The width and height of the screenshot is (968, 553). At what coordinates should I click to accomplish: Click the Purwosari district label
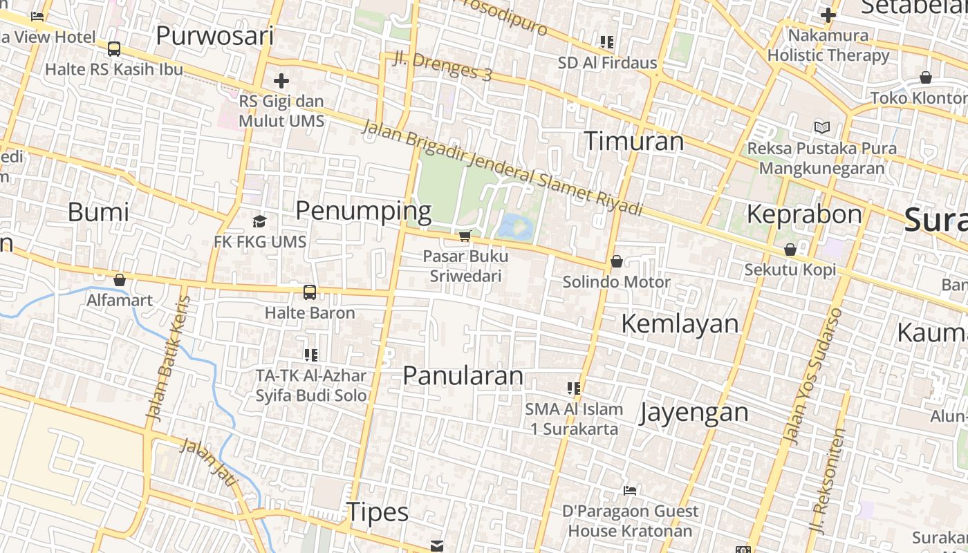coord(214,35)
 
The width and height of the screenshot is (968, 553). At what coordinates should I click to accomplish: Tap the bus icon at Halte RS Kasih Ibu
coord(114,49)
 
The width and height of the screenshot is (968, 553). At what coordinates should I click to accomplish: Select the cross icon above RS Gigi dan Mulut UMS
coord(281,81)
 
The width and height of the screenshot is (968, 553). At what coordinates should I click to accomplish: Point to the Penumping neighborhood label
coord(363,211)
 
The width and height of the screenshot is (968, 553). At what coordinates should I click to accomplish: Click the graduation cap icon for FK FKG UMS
coord(259,221)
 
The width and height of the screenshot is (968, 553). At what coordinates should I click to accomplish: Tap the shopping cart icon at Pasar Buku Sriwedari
coord(465,236)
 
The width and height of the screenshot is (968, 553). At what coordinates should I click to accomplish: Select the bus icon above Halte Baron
coord(310,292)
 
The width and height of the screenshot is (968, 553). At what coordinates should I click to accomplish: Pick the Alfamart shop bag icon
coord(120,280)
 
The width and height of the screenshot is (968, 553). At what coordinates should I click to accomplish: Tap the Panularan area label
coord(463,375)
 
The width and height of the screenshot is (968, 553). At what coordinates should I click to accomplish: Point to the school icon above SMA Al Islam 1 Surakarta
coord(573,388)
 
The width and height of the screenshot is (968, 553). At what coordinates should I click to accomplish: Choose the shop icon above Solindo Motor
coord(616,261)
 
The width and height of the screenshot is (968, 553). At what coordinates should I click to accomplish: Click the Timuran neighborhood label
coord(634,141)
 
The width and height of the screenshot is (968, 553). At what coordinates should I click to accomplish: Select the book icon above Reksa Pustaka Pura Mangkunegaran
coord(821,127)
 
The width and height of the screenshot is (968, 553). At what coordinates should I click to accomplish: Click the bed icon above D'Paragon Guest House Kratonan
coord(629,491)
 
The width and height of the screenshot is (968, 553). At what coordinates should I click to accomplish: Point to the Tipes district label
coord(378,512)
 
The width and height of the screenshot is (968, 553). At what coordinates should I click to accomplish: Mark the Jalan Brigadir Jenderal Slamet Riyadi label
coord(502,168)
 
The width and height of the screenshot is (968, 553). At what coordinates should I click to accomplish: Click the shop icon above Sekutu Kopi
coord(790,250)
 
